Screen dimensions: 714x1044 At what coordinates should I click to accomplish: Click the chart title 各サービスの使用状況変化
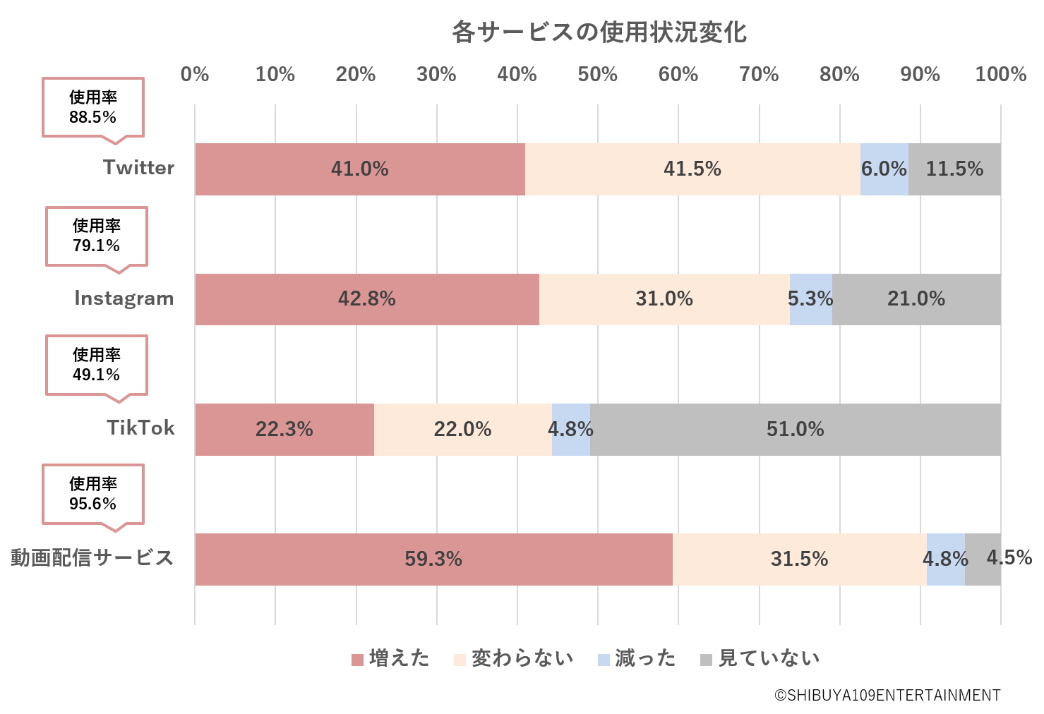pyautogui.click(x=599, y=32)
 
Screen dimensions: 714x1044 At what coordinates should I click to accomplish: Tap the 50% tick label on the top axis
pyautogui.click(x=597, y=74)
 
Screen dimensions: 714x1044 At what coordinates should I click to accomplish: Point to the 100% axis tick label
pyautogui.click(x=1000, y=74)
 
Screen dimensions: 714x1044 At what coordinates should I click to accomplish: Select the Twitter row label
pyautogui.click(x=138, y=168)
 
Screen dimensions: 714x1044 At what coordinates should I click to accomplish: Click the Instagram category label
pyautogui.click(x=124, y=298)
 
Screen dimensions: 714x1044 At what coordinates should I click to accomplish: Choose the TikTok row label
pyautogui.click(x=140, y=428)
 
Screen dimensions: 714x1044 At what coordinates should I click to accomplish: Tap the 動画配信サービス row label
pyautogui.click(x=92, y=558)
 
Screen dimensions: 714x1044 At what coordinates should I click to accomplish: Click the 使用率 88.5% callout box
pyautogui.click(x=93, y=107)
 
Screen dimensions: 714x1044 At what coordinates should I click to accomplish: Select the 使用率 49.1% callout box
pyautogui.click(x=97, y=365)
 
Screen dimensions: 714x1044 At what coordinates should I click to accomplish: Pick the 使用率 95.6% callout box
pyautogui.click(x=93, y=494)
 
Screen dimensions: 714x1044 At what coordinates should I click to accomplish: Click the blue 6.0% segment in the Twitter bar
pyautogui.click(x=884, y=169)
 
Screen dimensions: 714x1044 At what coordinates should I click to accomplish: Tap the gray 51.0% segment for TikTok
pyautogui.click(x=795, y=430)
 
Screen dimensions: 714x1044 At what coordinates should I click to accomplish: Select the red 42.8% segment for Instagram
pyautogui.click(x=366, y=299)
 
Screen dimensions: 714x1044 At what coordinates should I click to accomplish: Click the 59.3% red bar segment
pyautogui.click(x=433, y=559)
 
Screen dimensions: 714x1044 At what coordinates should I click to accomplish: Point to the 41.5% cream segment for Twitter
pyautogui.click(x=692, y=169)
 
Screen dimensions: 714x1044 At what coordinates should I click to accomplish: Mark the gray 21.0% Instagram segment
pyautogui.click(x=916, y=299)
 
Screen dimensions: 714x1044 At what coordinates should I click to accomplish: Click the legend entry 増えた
pyautogui.click(x=390, y=659)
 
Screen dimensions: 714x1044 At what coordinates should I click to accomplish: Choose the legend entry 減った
pyautogui.click(x=637, y=659)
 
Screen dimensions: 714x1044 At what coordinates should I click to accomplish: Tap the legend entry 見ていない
pyautogui.click(x=760, y=659)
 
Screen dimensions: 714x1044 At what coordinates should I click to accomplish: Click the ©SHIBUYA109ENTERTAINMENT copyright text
pyautogui.click(x=887, y=696)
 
